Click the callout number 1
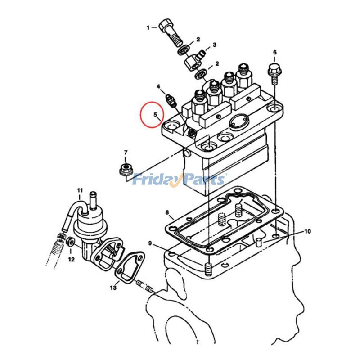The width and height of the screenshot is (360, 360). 148,28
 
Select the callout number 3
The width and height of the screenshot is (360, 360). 215,45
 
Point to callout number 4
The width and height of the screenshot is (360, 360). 159,86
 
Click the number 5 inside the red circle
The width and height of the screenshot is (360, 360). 155,114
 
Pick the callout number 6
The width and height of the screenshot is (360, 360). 275,53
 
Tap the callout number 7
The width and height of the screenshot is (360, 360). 126,153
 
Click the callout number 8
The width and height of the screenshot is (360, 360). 167,212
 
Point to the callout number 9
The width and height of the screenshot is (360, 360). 150,243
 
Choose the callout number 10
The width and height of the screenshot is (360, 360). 308,231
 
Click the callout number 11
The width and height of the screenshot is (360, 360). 80,190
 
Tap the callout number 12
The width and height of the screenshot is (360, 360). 72,260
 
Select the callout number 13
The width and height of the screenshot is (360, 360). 113,288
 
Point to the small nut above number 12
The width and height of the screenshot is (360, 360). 70,242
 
